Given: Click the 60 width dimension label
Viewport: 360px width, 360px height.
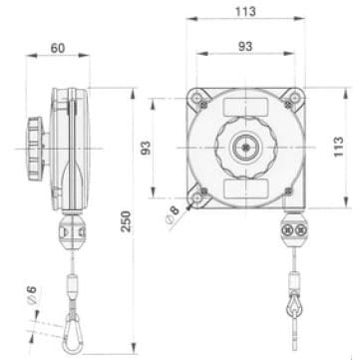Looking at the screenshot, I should tap(59, 47).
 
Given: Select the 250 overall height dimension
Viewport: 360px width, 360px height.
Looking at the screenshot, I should tap(127, 220).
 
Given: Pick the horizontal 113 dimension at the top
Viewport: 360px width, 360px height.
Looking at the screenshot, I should tap(242, 11).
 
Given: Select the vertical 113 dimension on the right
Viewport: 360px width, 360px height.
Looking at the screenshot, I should tap(339, 148).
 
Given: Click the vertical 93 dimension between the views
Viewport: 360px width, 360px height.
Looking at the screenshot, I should tap(146, 148).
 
